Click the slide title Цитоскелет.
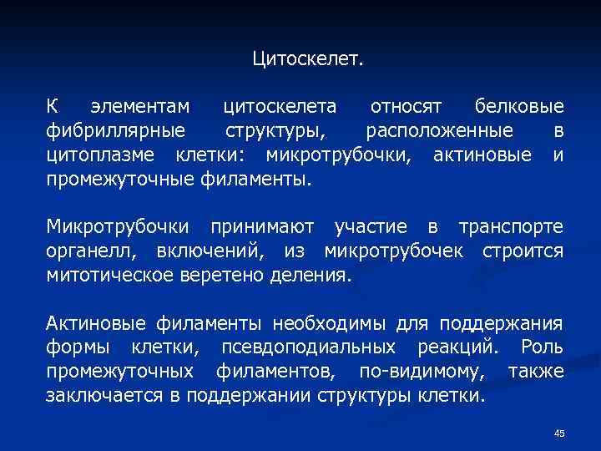click(308, 60)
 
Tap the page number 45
click(559, 433)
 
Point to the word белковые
click(518, 108)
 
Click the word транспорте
click(510, 226)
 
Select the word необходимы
click(342, 323)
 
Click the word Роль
click(542, 347)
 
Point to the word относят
click(405, 108)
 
